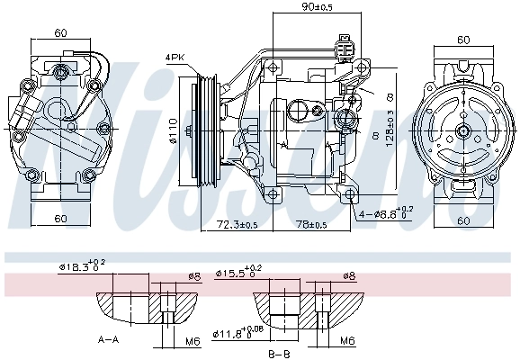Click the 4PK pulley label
[175, 58]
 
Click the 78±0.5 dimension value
[316, 224]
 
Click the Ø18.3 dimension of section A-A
[82, 266]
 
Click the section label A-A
[108, 340]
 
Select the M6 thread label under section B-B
[346, 341]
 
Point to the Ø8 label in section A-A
[193, 275]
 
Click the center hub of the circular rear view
[463, 131]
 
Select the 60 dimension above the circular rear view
[463, 40]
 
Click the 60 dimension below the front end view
[61, 219]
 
